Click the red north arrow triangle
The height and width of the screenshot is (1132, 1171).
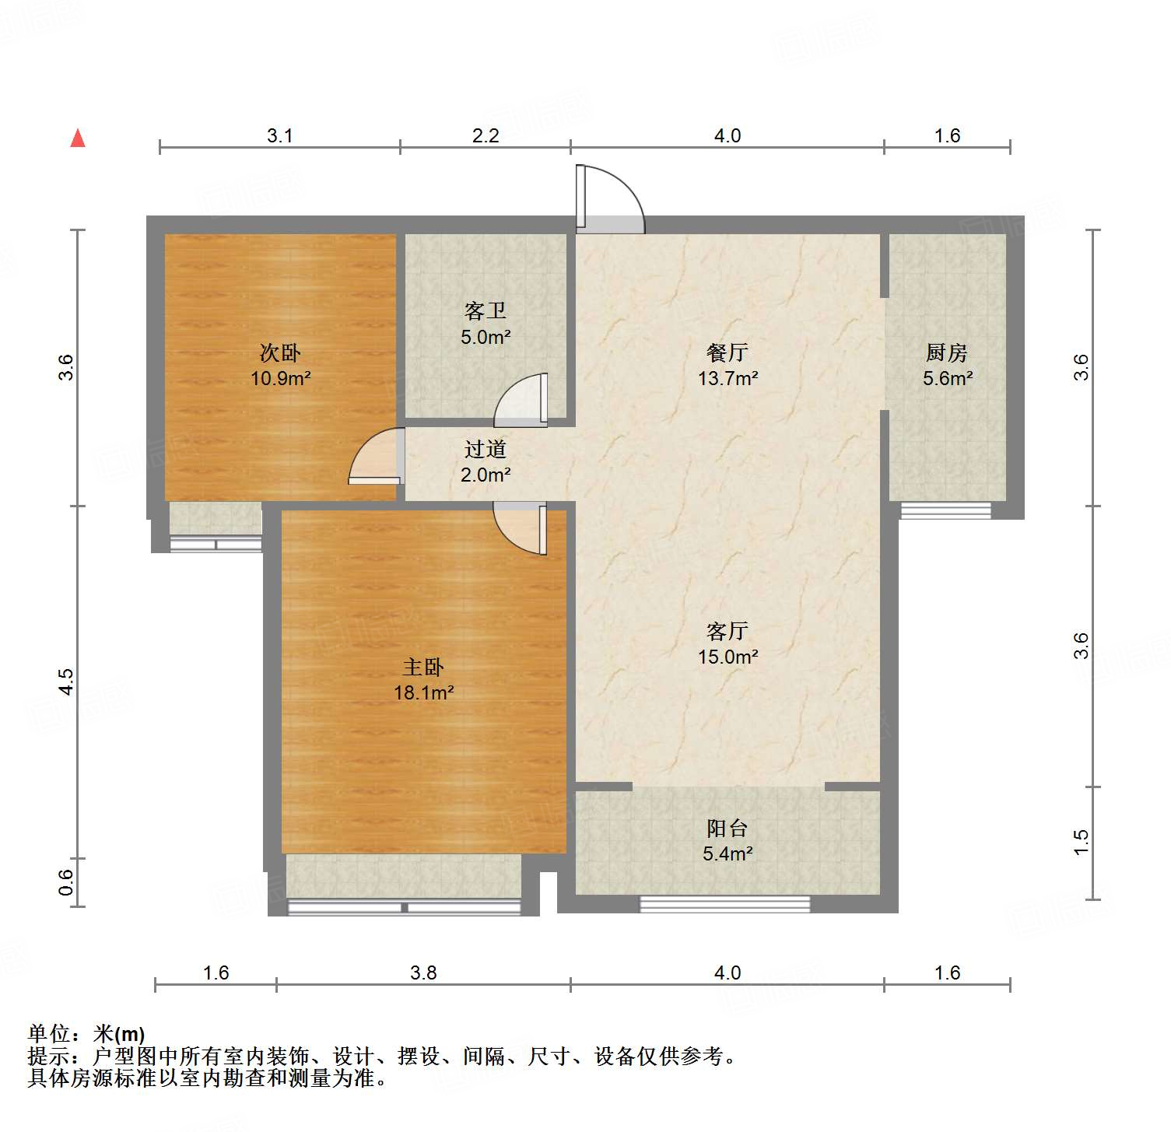pyautogui.click(x=78, y=138)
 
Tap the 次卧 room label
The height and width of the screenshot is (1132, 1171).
pyautogui.click(x=280, y=352)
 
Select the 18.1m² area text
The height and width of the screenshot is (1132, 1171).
pyautogui.click(x=423, y=692)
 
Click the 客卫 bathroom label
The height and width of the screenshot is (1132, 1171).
pyautogui.click(x=486, y=311)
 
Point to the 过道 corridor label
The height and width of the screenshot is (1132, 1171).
pyautogui.click(x=486, y=449)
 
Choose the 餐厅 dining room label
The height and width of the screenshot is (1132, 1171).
pyautogui.click(x=727, y=352)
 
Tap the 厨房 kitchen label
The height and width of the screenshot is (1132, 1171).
pyautogui.click(x=947, y=352)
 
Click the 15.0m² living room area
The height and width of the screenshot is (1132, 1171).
pyautogui.click(x=727, y=657)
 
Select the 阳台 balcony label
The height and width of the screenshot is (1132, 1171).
pyautogui.click(x=727, y=828)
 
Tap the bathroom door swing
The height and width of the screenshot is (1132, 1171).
pyautogui.click(x=522, y=400)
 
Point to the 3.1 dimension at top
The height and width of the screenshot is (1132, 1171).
pyautogui.click(x=280, y=135)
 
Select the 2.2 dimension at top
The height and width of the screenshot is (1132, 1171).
pyautogui.click(x=486, y=135)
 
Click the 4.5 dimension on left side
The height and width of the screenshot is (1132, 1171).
pyautogui.click(x=66, y=682)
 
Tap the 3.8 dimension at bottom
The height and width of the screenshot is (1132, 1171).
pyautogui.click(x=423, y=973)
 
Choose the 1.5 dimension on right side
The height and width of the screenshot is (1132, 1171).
pyautogui.click(x=1082, y=842)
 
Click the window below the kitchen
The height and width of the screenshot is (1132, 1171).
pyautogui.click(x=945, y=511)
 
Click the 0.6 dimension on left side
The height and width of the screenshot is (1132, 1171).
pyautogui.click(x=66, y=881)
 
